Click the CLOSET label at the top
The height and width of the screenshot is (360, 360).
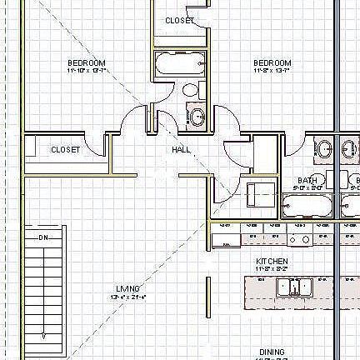(180, 20)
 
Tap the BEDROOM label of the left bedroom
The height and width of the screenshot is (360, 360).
(87, 63)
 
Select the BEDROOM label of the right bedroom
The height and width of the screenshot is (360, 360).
(272, 63)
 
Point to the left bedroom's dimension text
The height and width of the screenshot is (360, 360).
(87, 72)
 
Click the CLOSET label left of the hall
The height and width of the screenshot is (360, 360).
(65, 150)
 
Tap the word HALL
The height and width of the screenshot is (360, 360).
(182, 150)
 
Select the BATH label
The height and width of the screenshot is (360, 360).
(307, 180)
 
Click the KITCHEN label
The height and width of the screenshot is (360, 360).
(272, 261)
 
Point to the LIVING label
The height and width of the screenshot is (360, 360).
(127, 288)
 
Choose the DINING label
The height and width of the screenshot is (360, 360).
(272, 352)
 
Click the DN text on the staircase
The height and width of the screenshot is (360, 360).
(45, 237)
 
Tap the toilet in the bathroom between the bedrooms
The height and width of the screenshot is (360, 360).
(191, 89)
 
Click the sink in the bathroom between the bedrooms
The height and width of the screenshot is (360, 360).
(197, 117)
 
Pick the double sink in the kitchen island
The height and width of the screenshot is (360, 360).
(293, 287)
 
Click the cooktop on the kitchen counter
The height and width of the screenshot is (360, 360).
(300, 239)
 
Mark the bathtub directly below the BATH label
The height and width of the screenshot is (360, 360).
(307, 205)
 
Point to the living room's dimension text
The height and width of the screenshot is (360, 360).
(127, 297)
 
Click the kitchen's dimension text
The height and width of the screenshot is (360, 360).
(272, 269)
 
